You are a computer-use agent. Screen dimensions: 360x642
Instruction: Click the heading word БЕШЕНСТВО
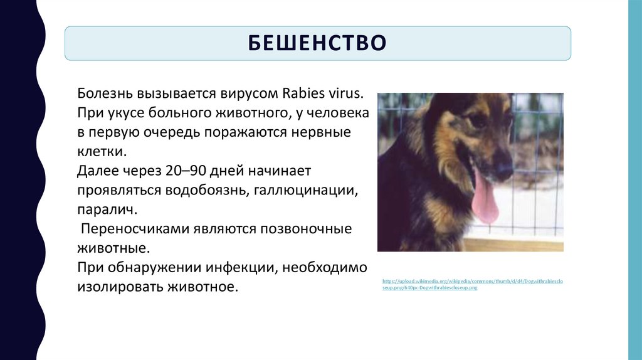tap(317, 43)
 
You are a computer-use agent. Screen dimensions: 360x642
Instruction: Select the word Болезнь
tap(104, 93)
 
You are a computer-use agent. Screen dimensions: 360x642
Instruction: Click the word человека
tap(336, 113)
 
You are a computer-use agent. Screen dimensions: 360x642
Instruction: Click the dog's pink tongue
tap(483, 200)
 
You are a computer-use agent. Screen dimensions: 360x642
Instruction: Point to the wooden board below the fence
tap(514, 244)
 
